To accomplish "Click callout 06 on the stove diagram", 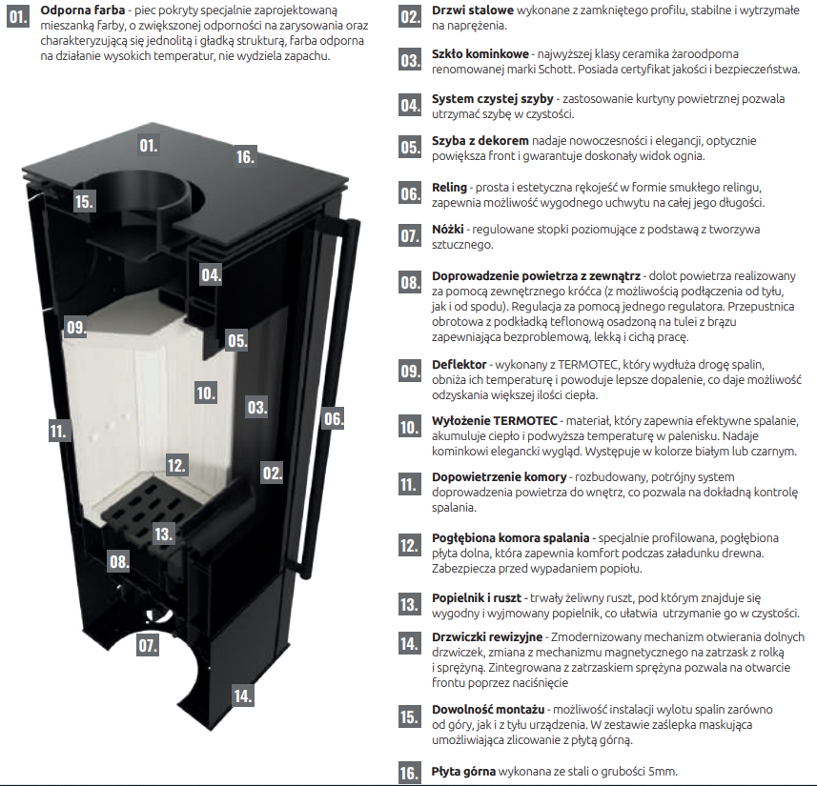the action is [x=334, y=418].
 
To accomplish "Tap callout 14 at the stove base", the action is [x=243, y=695].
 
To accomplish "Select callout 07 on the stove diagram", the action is [x=148, y=645].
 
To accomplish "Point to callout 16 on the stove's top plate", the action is [x=245, y=156].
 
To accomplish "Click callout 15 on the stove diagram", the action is [x=84, y=201].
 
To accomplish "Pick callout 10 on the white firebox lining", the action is [x=206, y=393].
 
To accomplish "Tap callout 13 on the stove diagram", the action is [x=163, y=534].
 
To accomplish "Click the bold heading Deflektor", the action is [x=460, y=365].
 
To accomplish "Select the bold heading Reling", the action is [x=449, y=188].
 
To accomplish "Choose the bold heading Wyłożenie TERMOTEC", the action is [x=495, y=420].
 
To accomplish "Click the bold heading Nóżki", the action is [x=447, y=230].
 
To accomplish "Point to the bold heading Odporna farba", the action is [x=83, y=10].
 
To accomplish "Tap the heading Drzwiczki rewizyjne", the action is [x=487, y=636].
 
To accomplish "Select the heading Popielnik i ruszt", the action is [x=477, y=598].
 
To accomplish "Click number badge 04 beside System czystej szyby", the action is [x=410, y=105].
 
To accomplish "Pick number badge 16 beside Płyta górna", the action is [x=410, y=772].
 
